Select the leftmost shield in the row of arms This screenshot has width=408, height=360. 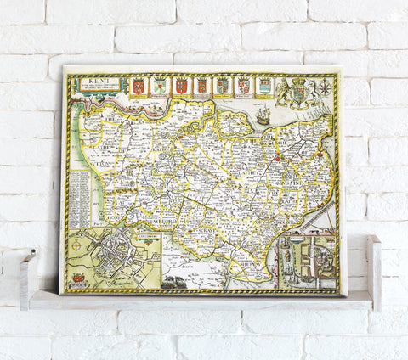[x=138, y=86]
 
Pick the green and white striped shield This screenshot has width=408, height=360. [x=263, y=86]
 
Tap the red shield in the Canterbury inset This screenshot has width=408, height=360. [x=80, y=278]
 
